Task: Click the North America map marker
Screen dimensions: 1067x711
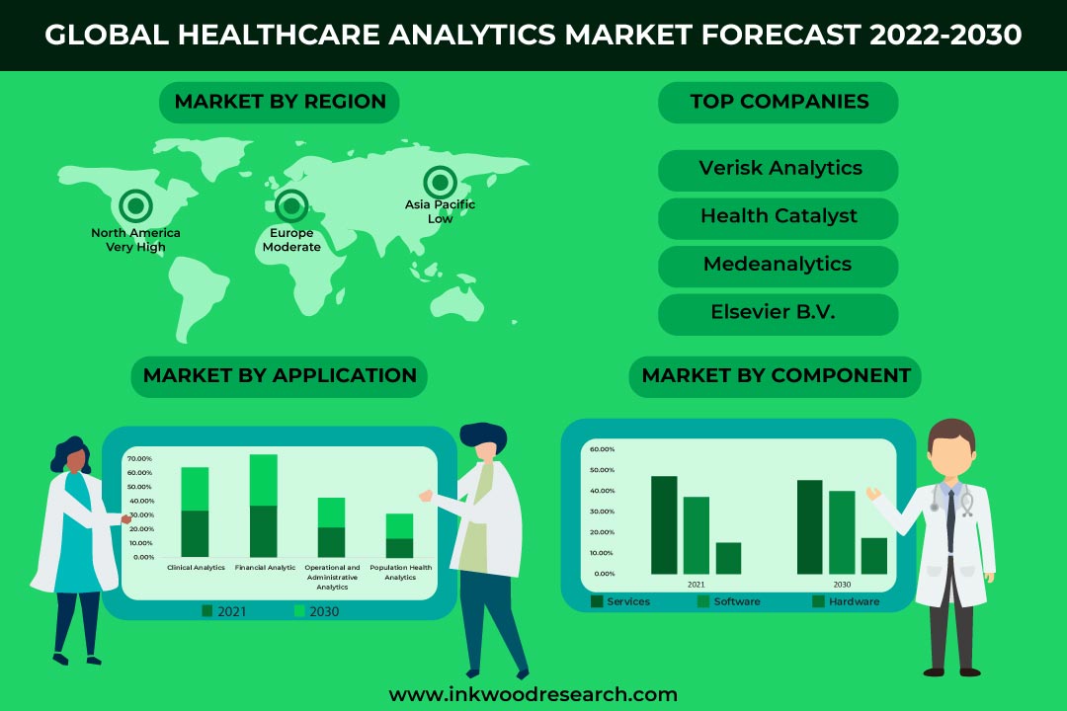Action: pos(135,205)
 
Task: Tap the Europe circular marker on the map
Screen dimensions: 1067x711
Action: pos(291,205)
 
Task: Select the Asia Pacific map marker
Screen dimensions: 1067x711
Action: pos(441,183)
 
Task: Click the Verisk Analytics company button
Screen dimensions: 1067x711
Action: pos(778,170)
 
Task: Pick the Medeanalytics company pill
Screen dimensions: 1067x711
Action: pos(778,266)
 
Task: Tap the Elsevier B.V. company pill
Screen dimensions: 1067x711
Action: pos(778,314)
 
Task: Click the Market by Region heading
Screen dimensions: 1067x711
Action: pos(279,103)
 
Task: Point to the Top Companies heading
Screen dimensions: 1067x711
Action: pos(778,103)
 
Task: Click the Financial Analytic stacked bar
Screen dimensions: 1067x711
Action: pos(264,506)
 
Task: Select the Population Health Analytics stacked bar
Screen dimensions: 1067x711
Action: pos(399,535)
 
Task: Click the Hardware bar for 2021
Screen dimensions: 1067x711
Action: pos(728,558)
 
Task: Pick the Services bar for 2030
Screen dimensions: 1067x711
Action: pos(810,526)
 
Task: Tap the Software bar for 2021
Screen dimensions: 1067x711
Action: pos(697,535)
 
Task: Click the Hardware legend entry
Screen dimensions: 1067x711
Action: pos(846,601)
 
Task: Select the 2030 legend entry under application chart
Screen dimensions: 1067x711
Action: pos(316,611)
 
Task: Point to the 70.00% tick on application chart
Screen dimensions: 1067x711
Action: pos(139,458)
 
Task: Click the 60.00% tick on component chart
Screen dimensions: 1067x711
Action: pos(603,449)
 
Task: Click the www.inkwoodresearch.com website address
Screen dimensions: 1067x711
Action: pos(533,694)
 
